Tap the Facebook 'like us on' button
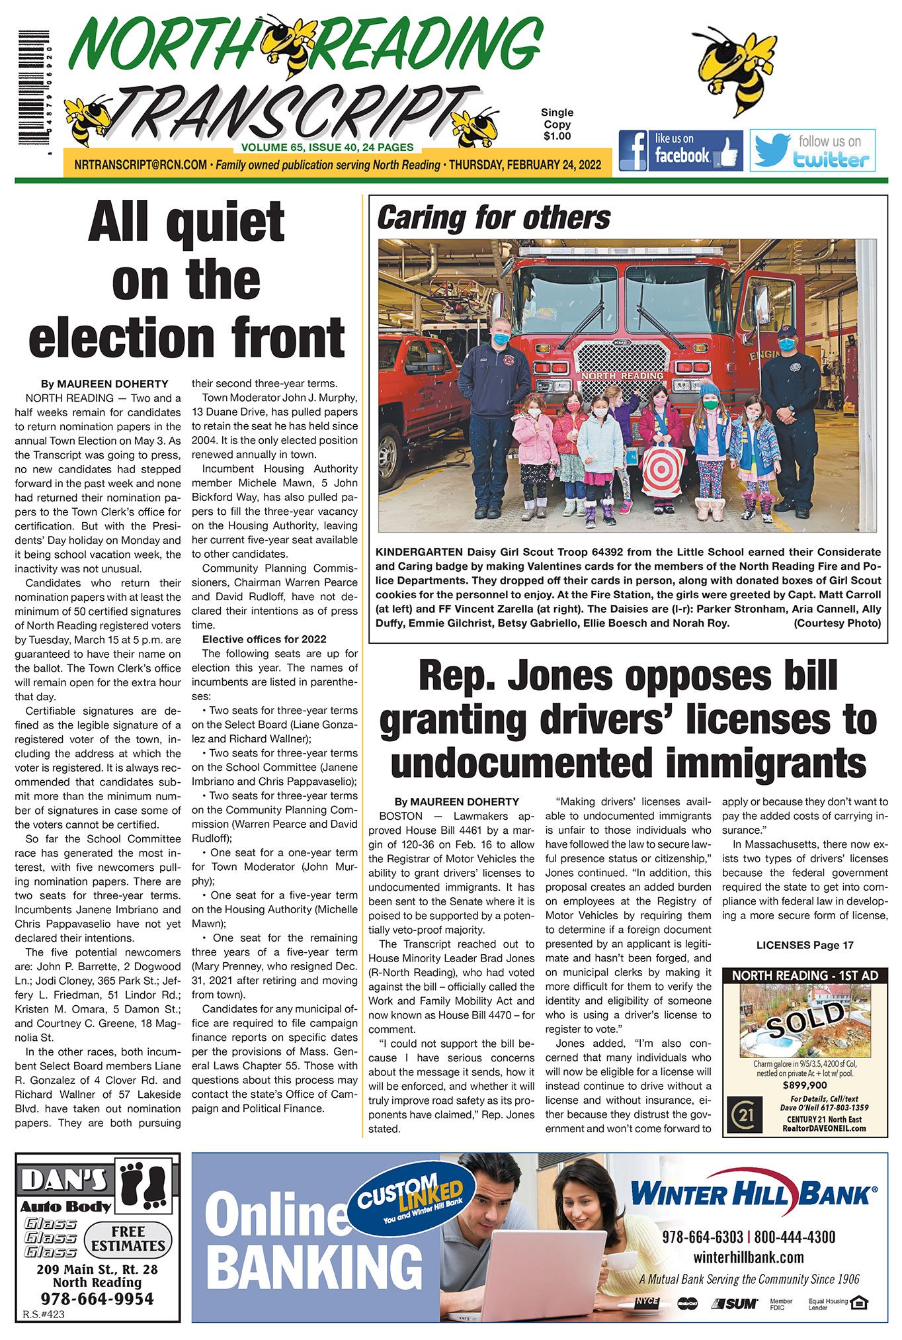click(680, 150)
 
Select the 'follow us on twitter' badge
click(812, 150)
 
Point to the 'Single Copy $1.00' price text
click(557, 124)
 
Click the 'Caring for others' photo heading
click(493, 218)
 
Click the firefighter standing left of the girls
click(493, 417)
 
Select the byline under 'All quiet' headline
click(104, 384)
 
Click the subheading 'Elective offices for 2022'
click(264, 639)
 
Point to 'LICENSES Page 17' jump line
click(805, 945)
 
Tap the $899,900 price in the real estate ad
click(804, 1085)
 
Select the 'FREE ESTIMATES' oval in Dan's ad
click(128, 1239)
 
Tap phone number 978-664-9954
click(97, 1299)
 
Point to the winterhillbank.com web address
click(749, 1257)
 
